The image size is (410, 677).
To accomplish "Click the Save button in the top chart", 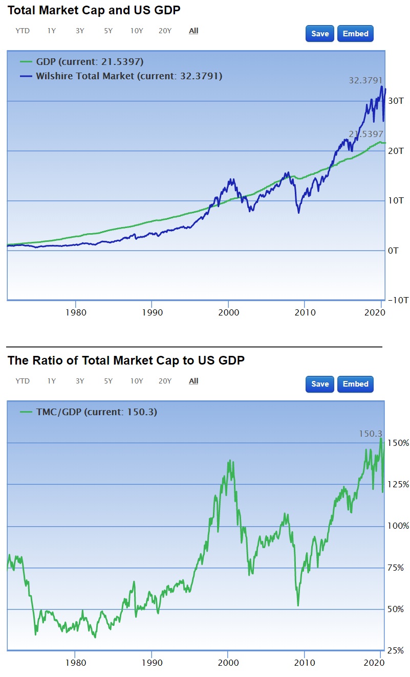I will (320, 34).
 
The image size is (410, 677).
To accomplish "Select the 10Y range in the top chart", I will (137, 31).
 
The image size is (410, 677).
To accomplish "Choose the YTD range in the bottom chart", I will (23, 381).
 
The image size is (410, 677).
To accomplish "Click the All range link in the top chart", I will (193, 31).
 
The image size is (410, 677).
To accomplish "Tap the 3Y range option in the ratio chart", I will (80, 381).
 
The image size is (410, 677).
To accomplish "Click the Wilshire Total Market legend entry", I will (128, 76).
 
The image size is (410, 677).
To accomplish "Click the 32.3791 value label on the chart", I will (365, 80).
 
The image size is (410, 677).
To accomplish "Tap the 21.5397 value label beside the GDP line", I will (365, 134).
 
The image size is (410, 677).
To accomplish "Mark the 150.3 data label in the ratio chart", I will (370, 434).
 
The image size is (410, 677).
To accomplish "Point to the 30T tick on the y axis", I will (394, 101).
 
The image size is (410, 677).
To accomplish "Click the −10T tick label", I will (397, 300).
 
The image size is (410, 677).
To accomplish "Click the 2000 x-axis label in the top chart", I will (228, 311).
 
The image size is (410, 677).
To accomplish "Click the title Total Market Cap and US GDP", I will (94, 10).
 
